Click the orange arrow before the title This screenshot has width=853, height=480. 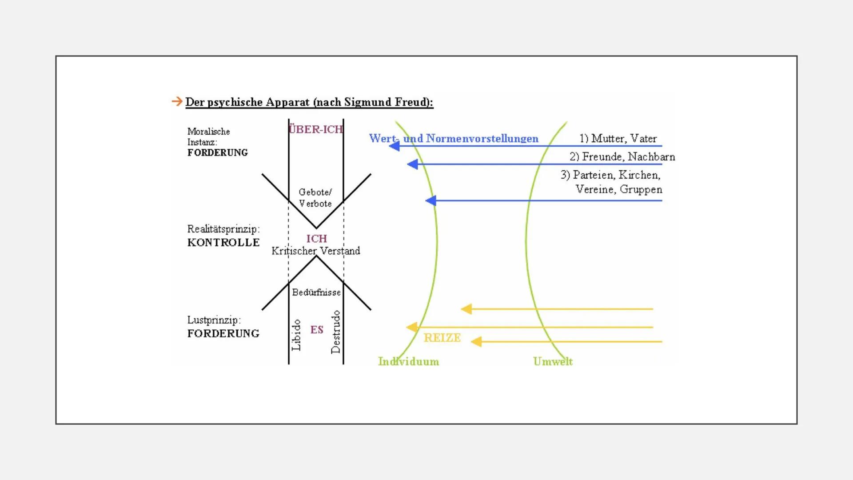[x=177, y=102]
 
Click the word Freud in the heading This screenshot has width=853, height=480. [x=411, y=102]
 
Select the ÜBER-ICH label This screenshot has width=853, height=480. [x=315, y=129]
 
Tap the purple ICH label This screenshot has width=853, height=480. [x=316, y=239]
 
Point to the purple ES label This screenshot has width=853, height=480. [x=317, y=330]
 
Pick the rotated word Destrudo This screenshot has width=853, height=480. [x=336, y=332]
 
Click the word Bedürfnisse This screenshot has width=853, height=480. [x=316, y=292]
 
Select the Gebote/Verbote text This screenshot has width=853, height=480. [x=315, y=198]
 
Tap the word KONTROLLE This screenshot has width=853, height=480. [x=223, y=243]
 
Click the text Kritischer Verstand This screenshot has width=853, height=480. [x=315, y=251]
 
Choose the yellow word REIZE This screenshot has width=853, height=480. [x=442, y=338]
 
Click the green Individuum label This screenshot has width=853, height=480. [x=408, y=361]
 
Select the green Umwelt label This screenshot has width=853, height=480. [x=553, y=361]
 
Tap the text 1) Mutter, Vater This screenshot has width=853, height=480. [x=618, y=139]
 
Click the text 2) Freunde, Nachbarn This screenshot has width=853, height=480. [x=622, y=157]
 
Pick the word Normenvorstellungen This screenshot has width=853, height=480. [x=482, y=139]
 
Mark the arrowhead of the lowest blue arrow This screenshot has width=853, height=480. [x=430, y=200]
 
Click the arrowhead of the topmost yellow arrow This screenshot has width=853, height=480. [x=466, y=309]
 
